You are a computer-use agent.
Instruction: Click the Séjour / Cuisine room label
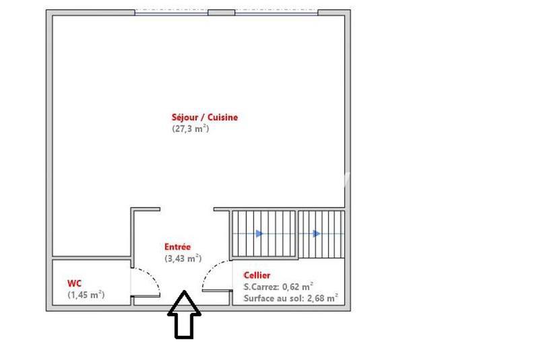(204, 117)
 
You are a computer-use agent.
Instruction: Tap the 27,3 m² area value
(191, 128)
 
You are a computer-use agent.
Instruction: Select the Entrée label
(178, 247)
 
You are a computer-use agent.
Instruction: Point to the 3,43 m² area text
(183, 258)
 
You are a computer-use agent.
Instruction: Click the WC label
(74, 283)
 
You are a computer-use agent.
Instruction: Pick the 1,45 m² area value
(86, 295)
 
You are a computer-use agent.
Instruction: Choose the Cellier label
(257, 275)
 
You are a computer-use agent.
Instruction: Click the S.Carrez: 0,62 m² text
(278, 286)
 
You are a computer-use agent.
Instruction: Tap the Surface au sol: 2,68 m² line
(290, 297)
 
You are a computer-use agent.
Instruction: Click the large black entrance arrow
(184, 314)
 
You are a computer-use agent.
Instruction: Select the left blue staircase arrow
(260, 234)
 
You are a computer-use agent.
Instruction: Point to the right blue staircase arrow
(317, 234)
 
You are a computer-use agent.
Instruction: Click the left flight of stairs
(263, 234)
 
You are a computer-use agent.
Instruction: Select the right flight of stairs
(321, 234)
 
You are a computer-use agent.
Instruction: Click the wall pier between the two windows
(221, 12)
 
